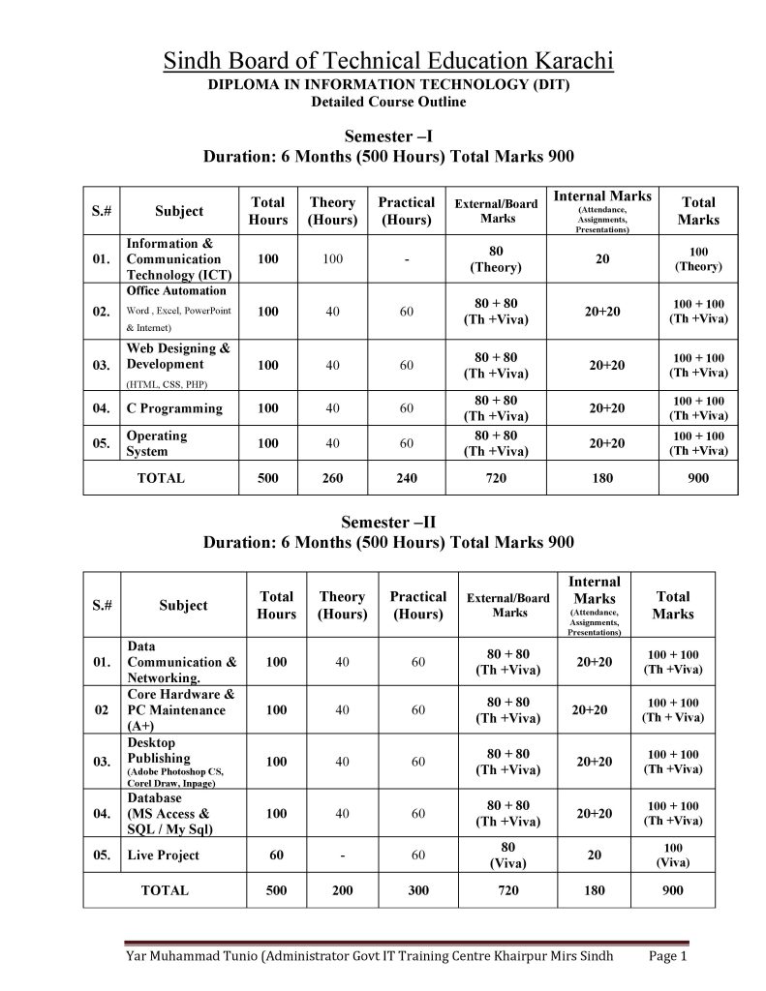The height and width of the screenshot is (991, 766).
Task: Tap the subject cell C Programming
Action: coord(174,408)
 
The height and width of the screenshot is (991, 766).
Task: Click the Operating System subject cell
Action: coord(157,443)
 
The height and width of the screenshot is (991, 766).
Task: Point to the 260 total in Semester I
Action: coord(332,478)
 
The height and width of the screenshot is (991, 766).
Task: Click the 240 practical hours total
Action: coord(407,478)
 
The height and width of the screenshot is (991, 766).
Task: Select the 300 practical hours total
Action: coord(418,890)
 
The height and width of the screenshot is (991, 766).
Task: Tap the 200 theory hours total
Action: coord(342,890)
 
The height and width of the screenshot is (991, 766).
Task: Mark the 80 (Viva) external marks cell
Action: coord(508,855)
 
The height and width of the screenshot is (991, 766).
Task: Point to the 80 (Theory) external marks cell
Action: coord(496,259)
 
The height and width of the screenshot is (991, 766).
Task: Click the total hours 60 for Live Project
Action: coord(276,856)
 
